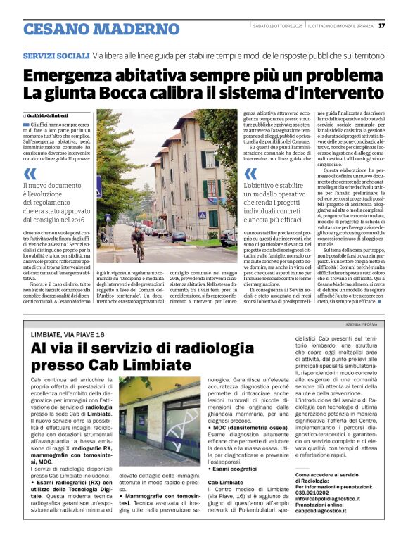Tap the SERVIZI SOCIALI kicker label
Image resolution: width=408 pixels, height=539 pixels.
(x=56, y=55)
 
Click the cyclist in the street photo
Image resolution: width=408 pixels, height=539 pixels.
(x=138, y=241)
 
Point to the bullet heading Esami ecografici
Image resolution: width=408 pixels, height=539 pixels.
(x=234, y=468)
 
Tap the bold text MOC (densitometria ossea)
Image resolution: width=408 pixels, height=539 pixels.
(x=249, y=428)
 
